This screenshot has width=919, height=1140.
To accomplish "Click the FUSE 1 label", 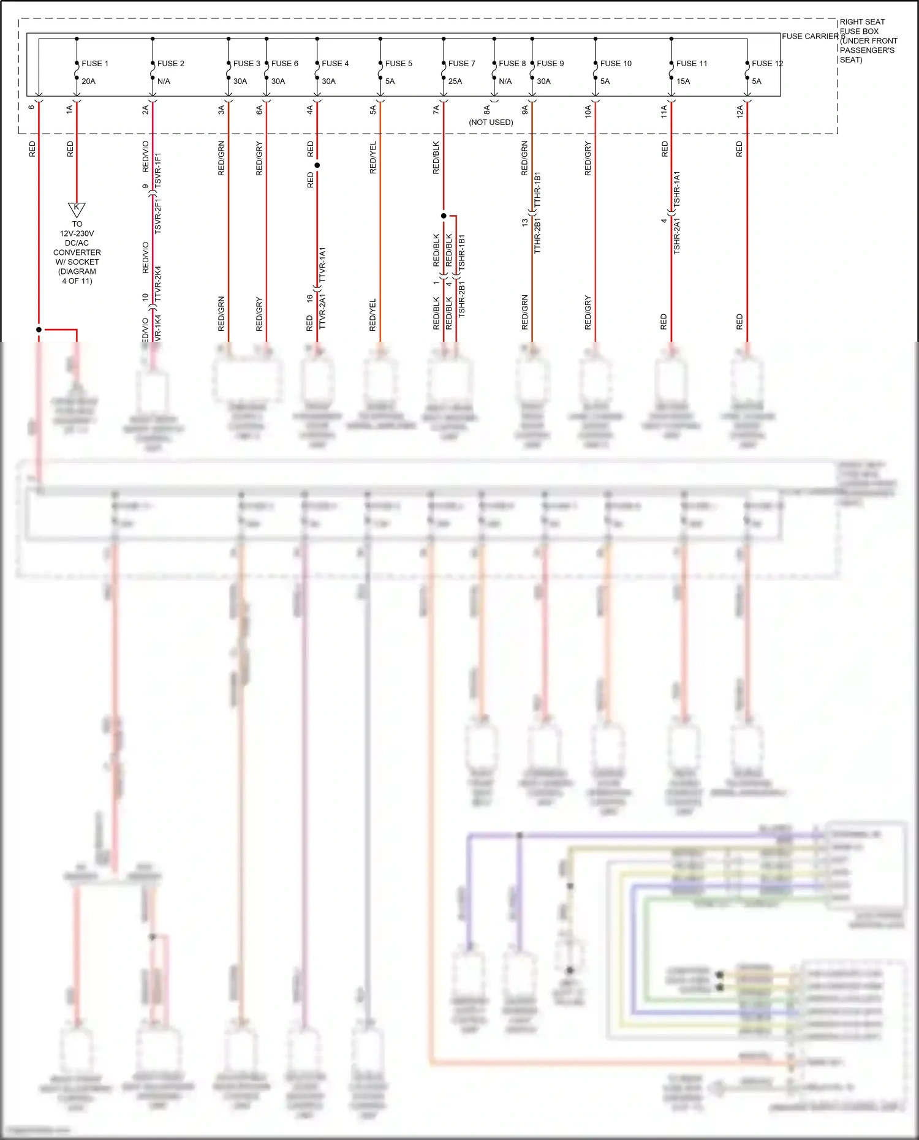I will pyautogui.click(x=95, y=64).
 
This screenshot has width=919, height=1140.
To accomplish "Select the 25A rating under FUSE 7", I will pyautogui.click(x=455, y=81).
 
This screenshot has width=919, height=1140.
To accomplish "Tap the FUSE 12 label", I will pyautogui.click(x=767, y=64).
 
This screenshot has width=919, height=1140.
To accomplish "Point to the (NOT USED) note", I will pyautogui.click(x=491, y=123).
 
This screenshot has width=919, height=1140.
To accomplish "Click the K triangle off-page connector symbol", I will pyautogui.click(x=77, y=209).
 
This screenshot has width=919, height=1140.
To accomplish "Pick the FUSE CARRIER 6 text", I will pyautogui.click(x=812, y=37).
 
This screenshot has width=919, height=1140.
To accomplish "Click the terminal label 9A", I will pyautogui.click(x=525, y=110).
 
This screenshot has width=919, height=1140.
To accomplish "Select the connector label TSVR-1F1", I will pyautogui.click(x=158, y=170).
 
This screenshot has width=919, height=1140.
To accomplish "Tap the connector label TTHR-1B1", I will pyautogui.click(x=537, y=190).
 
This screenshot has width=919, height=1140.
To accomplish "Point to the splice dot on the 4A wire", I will pyautogui.click(x=317, y=165).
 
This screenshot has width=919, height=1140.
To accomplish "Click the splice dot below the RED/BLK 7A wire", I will pyautogui.click(x=444, y=216).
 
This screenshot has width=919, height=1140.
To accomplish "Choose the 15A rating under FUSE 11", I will pyautogui.click(x=683, y=81).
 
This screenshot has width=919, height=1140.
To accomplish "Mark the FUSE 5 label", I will pyautogui.click(x=398, y=64).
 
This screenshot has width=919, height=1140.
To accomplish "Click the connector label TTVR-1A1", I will pyautogui.click(x=322, y=265).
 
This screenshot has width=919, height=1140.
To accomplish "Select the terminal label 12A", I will pyautogui.click(x=740, y=111).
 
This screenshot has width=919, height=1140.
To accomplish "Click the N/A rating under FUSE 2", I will pyautogui.click(x=164, y=81).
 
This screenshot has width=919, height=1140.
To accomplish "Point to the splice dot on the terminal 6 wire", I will pyautogui.click(x=39, y=330).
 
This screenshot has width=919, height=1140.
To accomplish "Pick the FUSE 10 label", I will pyautogui.click(x=616, y=64).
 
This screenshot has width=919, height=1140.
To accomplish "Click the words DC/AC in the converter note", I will pyautogui.click(x=77, y=243).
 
